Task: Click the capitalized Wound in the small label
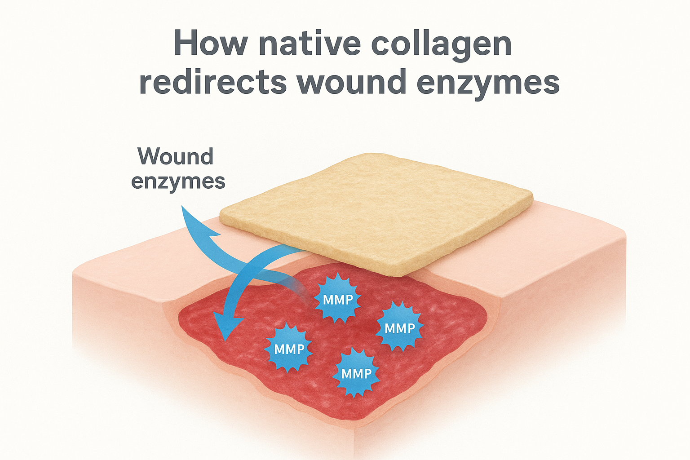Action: [175, 156]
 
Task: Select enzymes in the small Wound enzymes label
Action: [178, 182]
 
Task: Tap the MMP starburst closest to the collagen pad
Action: [338, 299]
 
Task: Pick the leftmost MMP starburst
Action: [289, 349]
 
